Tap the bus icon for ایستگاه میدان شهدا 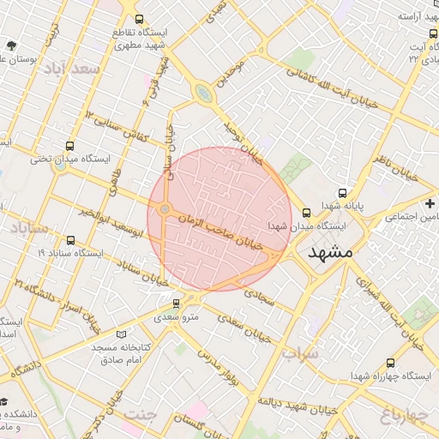pyautogui.click(x=308, y=213)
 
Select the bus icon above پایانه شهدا pyautogui.click(x=343, y=194)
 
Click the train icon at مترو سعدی pyautogui.click(x=177, y=303)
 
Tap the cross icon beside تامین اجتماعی pyautogui.click(x=430, y=203)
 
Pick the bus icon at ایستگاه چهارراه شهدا pyautogui.click(x=391, y=363)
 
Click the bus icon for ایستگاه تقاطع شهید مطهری pyautogui.click(x=139, y=18)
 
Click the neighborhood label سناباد pyautogui.click(x=31, y=228)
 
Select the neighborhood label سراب pyautogui.click(x=300, y=353)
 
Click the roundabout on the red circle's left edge pyautogui.click(x=164, y=209)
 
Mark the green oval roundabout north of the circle pyautogui.click(x=202, y=92)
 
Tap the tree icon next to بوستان pyautogui.click(x=10, y=45)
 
